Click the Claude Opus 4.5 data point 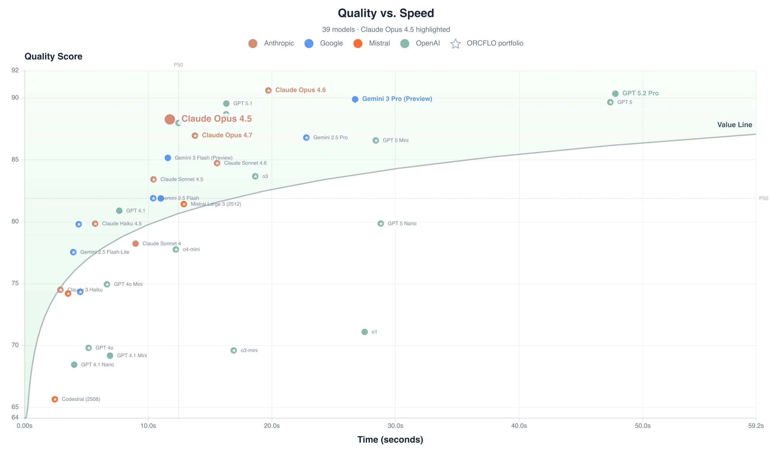coord(170,120)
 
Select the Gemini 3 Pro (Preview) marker coord(355,99)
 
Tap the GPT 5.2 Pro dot coord(615,94)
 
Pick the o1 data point coord(364,332)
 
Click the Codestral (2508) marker coord(55,399)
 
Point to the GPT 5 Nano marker coord(381,224)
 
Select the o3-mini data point coord(234,351)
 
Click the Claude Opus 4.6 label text coord(300,90)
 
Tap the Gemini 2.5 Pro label coord(330,138)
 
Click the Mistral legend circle coord(358,43)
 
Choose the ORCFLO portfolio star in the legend coord(455,44)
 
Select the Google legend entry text coord(331,43)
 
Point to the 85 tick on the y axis coord(15,160)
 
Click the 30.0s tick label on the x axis coord(395,426)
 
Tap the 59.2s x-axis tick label coord(756,426)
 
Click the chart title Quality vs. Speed coord(386,13)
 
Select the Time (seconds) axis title coord(390,440)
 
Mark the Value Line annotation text coord(734,125)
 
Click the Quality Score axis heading coord(53,57)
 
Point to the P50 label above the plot coord(179,65)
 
